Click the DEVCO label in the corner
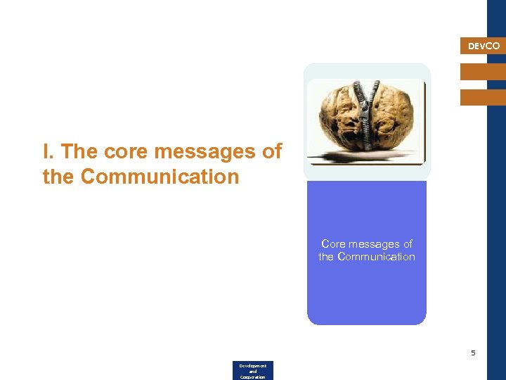click(484, 46)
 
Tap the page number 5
click(473, 353)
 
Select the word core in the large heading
click(126, 152)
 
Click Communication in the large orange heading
click(160, 176)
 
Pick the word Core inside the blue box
click(333, 244)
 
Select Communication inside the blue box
click(376, 257)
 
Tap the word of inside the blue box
click(408, 244)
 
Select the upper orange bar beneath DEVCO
click(483, 72)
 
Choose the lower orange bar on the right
click(483, 97)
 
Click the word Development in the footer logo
click(252, 366)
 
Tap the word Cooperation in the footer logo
click(252, 377)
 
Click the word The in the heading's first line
click(81, 152)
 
